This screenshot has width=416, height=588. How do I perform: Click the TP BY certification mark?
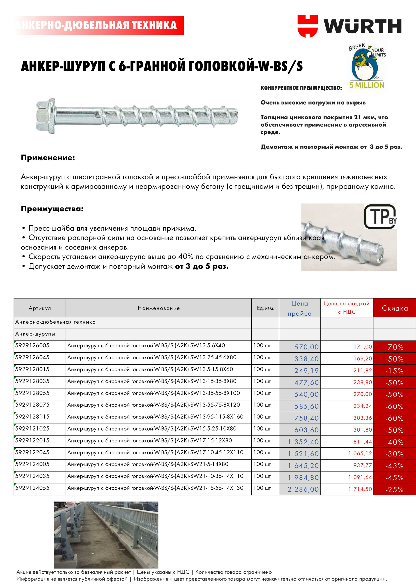pos(380,216)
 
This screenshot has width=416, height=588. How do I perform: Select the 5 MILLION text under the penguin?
pos(367,85)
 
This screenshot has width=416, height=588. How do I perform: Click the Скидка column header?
pos(394,308)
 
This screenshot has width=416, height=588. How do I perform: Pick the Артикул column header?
pos(40,308)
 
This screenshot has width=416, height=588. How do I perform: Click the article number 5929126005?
pos(32,345)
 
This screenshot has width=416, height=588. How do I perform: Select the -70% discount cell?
pos(394,347)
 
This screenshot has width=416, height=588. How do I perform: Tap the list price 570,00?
pos(306,347)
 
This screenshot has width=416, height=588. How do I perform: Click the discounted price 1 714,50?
pos(360,489)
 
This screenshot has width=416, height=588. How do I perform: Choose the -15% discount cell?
pos(394,371)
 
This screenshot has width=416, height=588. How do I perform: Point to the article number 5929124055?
pos(32,488)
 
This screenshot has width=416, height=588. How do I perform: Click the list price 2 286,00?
pos(303,489)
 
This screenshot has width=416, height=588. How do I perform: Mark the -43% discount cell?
pos(394,466)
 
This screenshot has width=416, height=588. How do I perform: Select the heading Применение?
pos(48,158)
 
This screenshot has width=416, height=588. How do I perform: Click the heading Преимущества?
pos(52,209)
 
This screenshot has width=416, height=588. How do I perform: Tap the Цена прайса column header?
pos(299,308)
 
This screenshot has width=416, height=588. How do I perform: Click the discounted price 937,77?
pos(362,465)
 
